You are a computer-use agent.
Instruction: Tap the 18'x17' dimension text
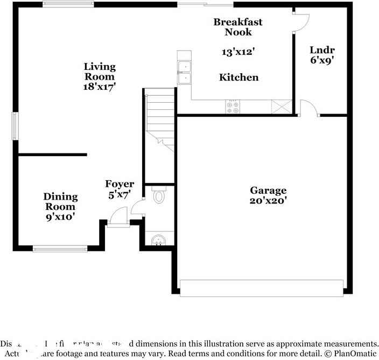[x=100, y=86]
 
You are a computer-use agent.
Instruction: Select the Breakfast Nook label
[x=238, y=27]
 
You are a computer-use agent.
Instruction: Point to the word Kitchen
[x=238, y=77]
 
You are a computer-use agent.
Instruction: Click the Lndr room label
[x=318, y=50]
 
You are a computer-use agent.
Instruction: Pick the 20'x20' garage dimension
[x=268, y=201]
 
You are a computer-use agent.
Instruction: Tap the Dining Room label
[x=60, y=201]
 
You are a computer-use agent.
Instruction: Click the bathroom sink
[x=159, y=240]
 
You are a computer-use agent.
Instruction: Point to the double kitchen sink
[x=185, y=73]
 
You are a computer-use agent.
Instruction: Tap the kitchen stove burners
[x=234, y=107]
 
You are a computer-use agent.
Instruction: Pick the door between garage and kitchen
[x=309, y=108]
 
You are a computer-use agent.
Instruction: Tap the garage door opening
[x=261, y=288]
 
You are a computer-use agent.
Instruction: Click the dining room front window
[x=60, y=249]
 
